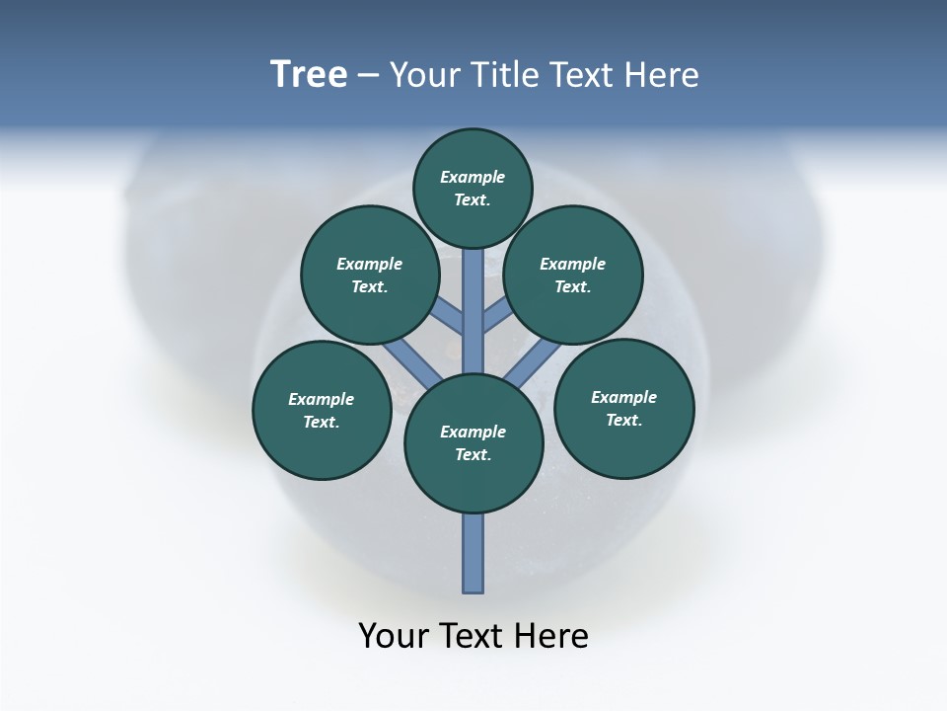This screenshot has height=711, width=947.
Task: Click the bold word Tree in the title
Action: pos(309,75)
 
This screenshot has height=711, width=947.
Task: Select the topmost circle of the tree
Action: pos(473,188)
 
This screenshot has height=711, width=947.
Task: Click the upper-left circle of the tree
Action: pos(369,275)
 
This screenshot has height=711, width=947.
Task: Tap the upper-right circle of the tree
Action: pos(572,275)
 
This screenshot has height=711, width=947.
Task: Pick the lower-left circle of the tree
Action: pos(321,410)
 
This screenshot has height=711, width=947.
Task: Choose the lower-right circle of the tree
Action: pos(623,408)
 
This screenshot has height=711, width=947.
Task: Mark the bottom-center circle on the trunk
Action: pos(473,443)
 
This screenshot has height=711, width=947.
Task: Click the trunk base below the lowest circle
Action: pos(473,553)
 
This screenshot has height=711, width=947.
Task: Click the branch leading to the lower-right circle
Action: pos(531,360)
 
